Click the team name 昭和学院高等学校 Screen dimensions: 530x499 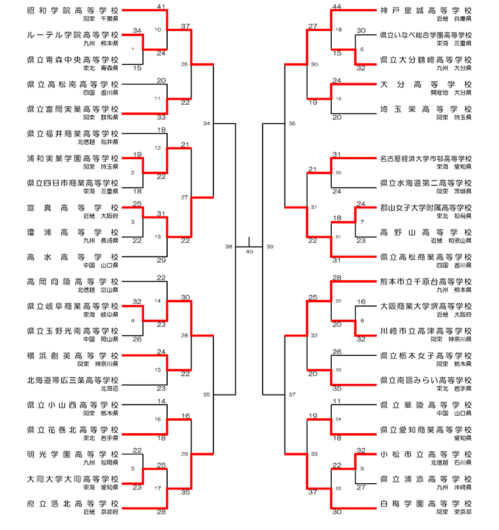tap(73, 11)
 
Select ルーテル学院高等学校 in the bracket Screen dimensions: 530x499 tap(73, 35)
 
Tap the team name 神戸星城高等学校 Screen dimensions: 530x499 tap(425, 11)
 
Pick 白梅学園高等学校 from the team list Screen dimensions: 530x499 tap(425, 503)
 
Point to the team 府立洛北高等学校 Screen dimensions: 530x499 tap(73, 503)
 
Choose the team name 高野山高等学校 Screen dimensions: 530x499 tap(425, 232)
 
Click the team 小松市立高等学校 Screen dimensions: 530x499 tap(425, 454)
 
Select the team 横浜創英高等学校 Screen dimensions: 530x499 tap(73, 355)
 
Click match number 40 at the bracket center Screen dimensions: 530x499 tap(249, 252)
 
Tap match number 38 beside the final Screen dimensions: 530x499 tap(228, 247)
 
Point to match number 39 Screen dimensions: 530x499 tap(269, 247)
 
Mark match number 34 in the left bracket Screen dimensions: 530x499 tap(206, 124)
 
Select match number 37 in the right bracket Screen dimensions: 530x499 tap(292, 395)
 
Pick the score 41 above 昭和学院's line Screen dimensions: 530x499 tap(161, 6)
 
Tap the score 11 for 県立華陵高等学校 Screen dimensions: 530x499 tap(337, 401)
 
